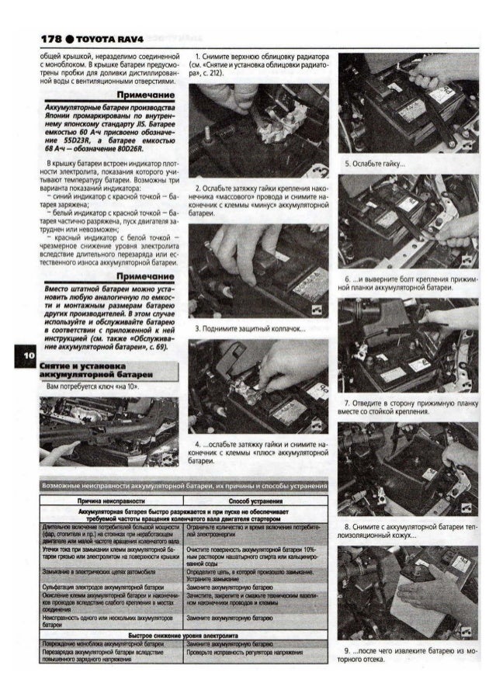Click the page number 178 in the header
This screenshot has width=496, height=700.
51,38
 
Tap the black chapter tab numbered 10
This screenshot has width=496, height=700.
26,355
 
